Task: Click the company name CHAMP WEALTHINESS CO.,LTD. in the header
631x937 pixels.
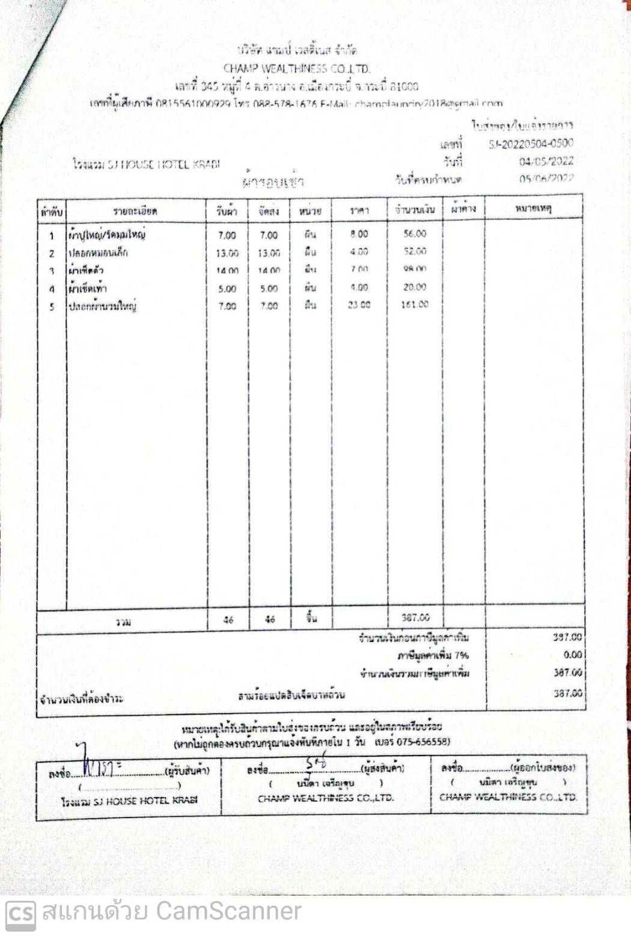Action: tap(296, 68)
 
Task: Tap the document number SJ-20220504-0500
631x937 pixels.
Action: tap(531, 144)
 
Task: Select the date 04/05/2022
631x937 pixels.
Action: tap(546, 161)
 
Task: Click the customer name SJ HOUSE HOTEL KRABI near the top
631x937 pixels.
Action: tap(146, 164)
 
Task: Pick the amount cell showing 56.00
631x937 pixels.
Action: tap(415, 234)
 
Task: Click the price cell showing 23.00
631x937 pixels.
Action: tap(359, 305)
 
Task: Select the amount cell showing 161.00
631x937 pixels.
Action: tap(415, 305)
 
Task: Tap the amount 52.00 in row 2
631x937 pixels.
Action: tap(415, 252)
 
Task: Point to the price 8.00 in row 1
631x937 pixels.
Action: tap(359, 234)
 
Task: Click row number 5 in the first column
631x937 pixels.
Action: tap(52, 306)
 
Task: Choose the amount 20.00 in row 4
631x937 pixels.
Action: tap(415, 287)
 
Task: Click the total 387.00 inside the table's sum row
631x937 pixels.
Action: tap(415, 617)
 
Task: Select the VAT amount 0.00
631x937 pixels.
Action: tap(572, 655)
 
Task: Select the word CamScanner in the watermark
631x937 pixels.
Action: tap(228, 912)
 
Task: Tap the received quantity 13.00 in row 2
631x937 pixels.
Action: tap(227, 253)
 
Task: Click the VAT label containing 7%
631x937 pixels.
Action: tap(433, 655)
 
